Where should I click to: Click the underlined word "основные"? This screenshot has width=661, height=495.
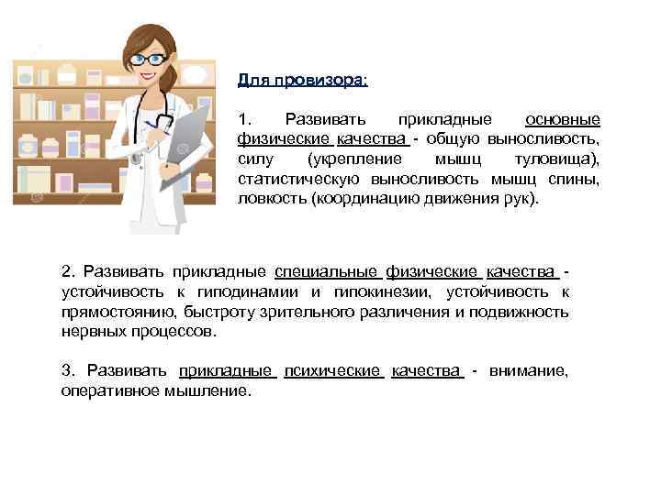point(563,120)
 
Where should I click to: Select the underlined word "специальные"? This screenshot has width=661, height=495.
point(326,271)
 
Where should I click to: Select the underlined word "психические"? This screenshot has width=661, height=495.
point(332,370)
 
